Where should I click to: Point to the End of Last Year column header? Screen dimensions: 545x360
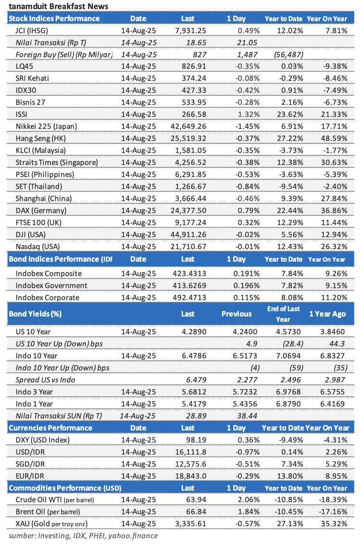click(283, 314)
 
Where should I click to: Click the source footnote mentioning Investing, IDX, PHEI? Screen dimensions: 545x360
click(83, 535)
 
